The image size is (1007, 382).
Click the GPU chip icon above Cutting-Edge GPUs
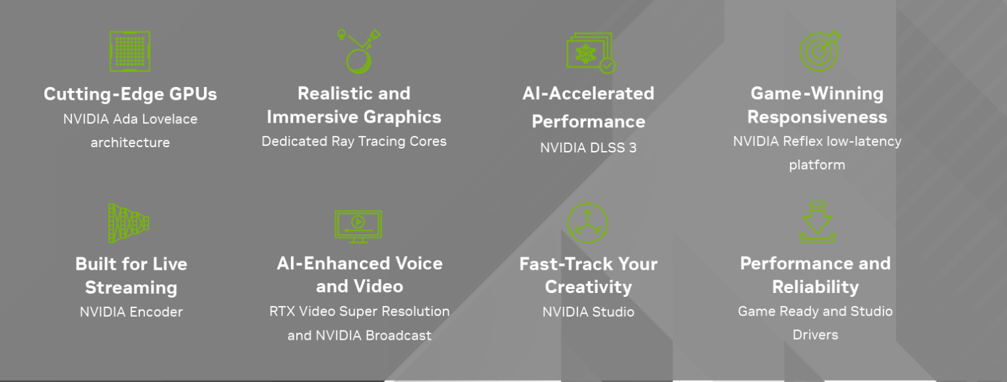(x=130, y=51)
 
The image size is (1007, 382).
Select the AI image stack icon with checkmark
(x=591, y=53)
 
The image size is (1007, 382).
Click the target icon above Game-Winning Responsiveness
(x=820, y=51)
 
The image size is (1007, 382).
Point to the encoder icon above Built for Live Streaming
(x=129, y=224)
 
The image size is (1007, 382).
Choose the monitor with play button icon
(x=358, y=227)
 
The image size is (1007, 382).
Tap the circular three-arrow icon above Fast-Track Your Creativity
(x=587, y=223)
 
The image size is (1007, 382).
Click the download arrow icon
(x=818, y=222)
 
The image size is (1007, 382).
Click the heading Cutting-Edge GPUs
(x=131, y=94)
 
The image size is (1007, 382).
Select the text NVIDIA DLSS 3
(x=589, y=147)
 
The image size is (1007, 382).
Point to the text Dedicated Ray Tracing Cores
(x=354, y=141)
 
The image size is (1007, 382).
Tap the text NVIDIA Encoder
(x=131, y=312)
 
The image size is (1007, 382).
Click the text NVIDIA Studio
(x=589, y=312)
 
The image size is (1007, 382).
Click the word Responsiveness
(x=818, y=117)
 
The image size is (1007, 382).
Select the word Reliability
(x=816, y=287)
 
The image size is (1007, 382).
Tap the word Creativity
(x=589, y=287)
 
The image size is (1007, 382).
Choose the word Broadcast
(x=399, y=335)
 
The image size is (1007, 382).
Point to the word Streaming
(x=131, y=288)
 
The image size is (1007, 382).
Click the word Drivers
(x=816, y=334)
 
